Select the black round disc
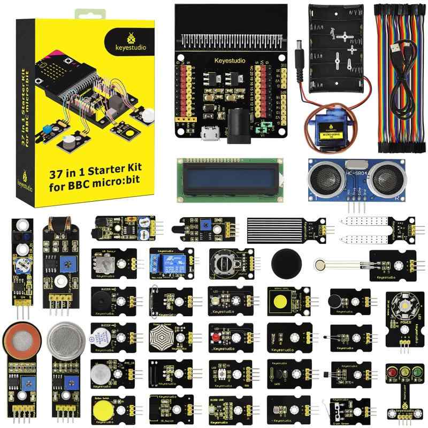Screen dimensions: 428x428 [286, 262]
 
